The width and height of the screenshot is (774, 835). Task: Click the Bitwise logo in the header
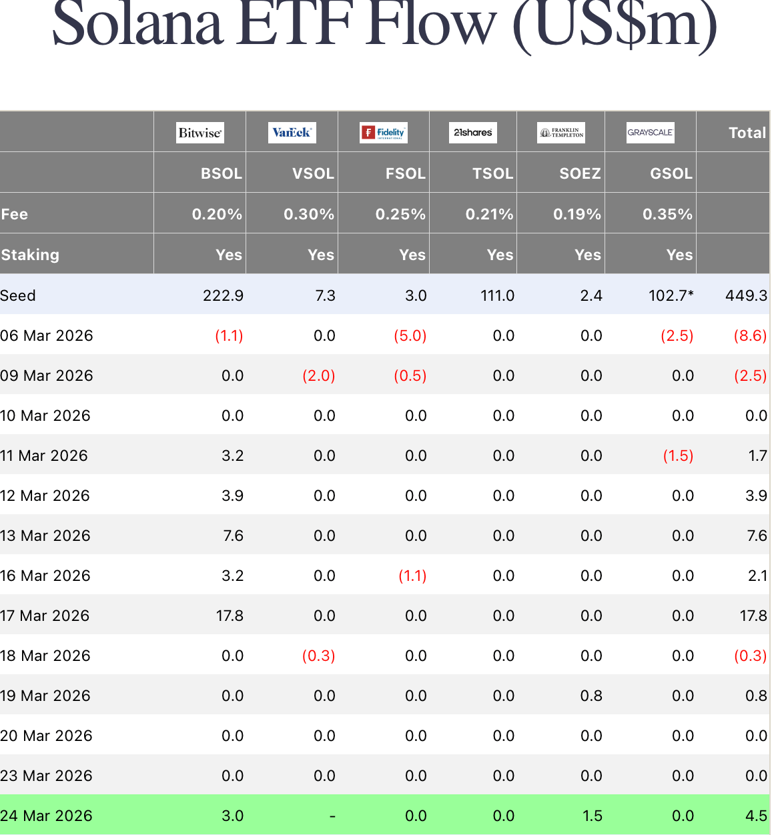200,133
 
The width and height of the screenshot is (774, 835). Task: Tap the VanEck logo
292,133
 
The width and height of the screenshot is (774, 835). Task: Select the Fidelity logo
384,133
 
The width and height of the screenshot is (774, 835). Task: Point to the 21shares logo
473,133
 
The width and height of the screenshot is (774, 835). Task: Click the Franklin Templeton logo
561,133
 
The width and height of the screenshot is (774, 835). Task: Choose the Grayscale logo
650,133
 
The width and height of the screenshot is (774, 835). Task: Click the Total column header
747,133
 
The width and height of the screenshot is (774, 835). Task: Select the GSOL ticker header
671,173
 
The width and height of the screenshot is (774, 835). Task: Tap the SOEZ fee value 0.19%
577,214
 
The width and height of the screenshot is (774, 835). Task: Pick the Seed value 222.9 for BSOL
223,295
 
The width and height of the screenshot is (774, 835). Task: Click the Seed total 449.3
746,295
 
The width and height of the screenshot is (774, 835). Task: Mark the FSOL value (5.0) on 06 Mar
410,335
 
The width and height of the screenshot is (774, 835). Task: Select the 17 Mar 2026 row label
45,616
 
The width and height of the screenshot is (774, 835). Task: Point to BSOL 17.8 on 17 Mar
230,616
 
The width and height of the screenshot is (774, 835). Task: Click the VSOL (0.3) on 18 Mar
318,656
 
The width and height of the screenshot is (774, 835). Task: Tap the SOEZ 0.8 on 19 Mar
591,696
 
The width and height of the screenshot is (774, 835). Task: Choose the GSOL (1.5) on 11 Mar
678,456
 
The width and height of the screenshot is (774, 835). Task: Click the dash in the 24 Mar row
332,816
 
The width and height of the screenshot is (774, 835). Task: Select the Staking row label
30,255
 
